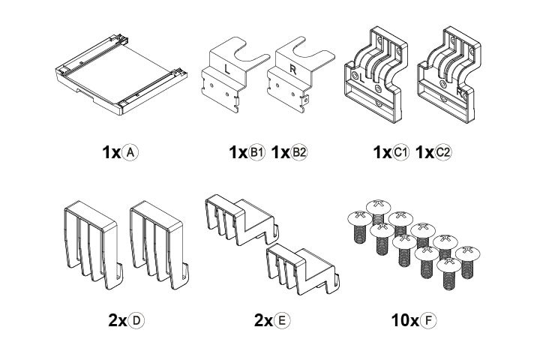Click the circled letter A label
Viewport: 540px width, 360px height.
(x=130, y=152)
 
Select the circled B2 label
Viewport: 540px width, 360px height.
(x=299, y=152)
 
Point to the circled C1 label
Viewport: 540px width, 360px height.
(x=400, y=152)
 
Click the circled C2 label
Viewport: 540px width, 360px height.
(x=443, y=152)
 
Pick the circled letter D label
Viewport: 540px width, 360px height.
(x=136, y=321)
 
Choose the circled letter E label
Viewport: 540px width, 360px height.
(x=282, y=321)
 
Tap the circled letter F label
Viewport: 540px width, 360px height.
(x=428, y=321)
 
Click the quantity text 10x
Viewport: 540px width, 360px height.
(x=405, y=321)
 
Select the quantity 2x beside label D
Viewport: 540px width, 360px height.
(x=118, y=321)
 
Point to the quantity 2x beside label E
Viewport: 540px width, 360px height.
(x=263, y=321)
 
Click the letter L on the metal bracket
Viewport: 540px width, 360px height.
(x=227, y=69)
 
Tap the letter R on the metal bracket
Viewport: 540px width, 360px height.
(x=293, y=69)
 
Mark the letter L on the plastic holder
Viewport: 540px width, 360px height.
(x=361, y=78)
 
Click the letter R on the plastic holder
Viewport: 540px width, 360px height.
(x=460, y=93)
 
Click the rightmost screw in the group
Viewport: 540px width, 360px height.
(x=468, y=262)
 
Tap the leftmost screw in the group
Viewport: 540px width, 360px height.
(x=359, y=226)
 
